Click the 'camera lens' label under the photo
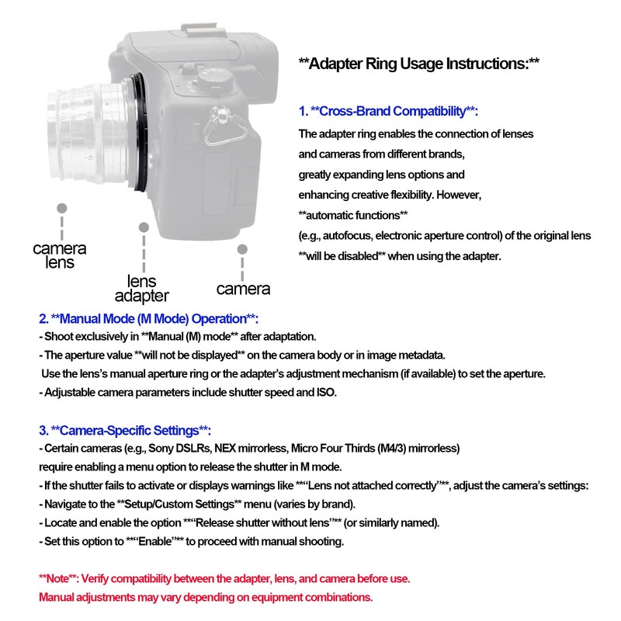click(x=60, y=255)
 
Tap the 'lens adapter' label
click(x=142, y=288)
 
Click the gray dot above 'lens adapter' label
click(x=143, y=227)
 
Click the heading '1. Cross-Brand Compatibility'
click(x=388, y=111)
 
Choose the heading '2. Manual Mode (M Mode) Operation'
click(x=148, y=320)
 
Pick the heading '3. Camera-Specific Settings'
click(x=125, y=431)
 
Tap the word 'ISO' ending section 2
click(x=326, y=393)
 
